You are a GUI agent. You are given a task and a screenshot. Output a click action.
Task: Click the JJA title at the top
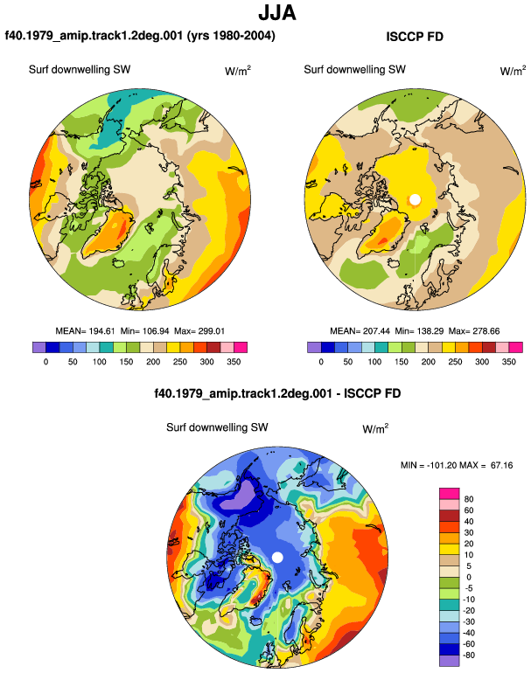tap(277, 13)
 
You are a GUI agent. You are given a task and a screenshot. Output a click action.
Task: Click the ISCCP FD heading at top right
tap(415, 37)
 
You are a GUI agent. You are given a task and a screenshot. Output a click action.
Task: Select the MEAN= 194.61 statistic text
tap(85, 331)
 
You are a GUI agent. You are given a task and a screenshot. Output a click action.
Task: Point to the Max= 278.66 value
tap(474, 331)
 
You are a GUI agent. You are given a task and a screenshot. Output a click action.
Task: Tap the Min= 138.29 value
tap(419, 331)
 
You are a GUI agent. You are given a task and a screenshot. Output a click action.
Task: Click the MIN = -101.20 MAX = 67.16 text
tap(457, 465)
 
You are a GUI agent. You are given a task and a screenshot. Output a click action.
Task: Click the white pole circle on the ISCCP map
tap(415, 199)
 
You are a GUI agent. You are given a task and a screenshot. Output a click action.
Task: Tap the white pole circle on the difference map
tap(277, 558)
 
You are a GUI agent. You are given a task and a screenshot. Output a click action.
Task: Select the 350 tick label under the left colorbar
tap(234, 361)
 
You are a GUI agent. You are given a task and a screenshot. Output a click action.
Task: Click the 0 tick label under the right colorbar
tap(321, 361)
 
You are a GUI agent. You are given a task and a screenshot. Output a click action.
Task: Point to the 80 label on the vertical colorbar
tap(469, 499)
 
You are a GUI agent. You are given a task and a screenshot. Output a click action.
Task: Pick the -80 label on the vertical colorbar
tap(469, 655)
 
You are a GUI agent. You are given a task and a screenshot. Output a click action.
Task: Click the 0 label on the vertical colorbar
tap(469, 577)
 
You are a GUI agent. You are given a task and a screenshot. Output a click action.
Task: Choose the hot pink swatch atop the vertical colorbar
tap(450, 494)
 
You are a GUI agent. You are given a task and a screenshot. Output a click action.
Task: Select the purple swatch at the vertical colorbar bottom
tap(450, 661)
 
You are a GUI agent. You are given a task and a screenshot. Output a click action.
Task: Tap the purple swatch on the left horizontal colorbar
tap(39, 347)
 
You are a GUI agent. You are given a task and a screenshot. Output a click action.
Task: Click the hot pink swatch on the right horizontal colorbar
tap(516, 347)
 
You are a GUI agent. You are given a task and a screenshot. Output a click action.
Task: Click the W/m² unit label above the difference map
tap(375, 428)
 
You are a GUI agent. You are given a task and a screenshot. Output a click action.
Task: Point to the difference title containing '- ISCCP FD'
tap(277, 393)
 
